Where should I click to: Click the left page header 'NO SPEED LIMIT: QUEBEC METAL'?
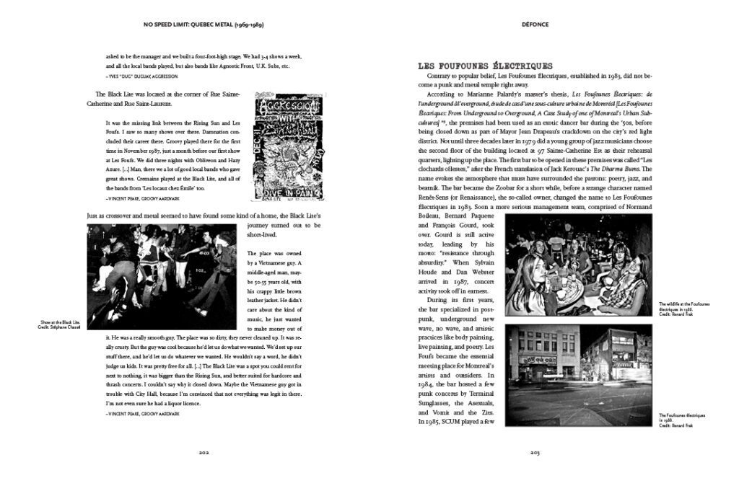click(203, 25)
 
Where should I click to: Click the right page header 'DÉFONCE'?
click(535, 25)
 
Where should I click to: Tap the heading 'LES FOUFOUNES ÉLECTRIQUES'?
click(485, 66)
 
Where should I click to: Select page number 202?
click(204, 452)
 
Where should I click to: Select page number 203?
click(535, 452)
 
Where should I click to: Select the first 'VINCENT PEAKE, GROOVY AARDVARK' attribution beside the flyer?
click(142, 198)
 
